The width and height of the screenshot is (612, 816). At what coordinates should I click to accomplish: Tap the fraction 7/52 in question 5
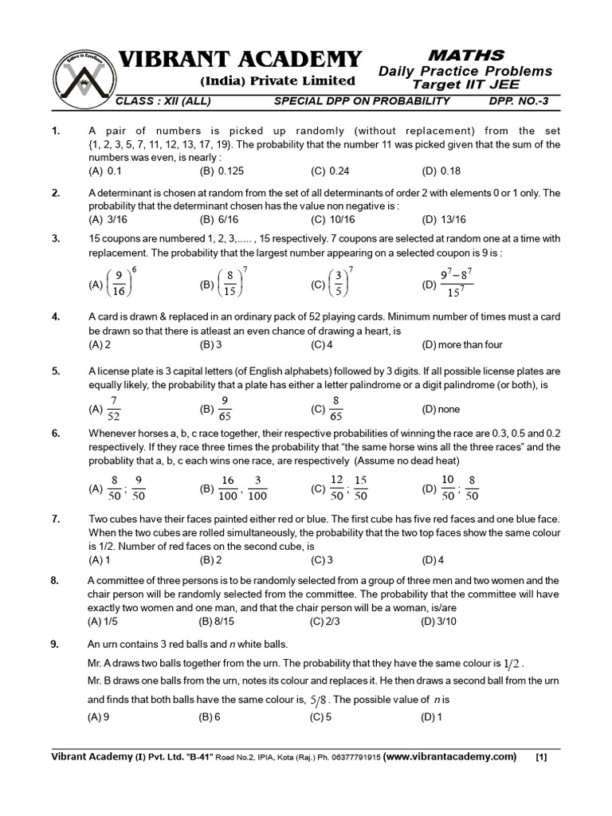click(114, 408)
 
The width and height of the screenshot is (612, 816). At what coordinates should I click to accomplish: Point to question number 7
click(56, 519)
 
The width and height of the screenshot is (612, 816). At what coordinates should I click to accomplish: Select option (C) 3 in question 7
click(322, 559)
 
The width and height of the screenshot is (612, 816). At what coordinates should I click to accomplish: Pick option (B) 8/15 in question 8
click(214, 622)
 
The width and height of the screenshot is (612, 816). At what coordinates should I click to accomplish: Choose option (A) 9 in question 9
click(99, 716)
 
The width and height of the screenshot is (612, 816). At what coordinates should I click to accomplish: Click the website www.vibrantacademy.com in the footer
click(449, 756)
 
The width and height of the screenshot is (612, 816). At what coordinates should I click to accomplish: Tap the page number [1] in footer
click(541, 757)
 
